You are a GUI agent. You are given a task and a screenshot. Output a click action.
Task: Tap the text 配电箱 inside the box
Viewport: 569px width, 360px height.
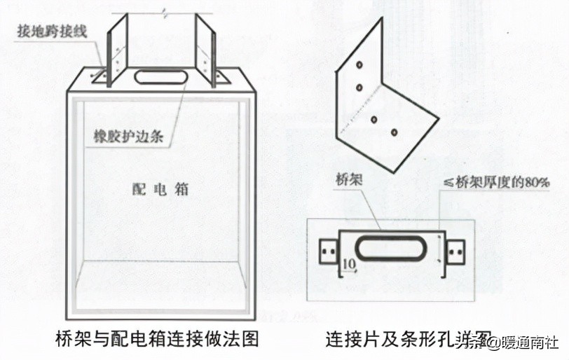[160, 189]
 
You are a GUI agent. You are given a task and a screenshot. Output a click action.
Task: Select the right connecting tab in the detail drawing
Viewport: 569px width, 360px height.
[455, 250]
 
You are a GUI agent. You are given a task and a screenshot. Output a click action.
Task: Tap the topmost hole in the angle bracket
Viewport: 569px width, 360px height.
[358, 64]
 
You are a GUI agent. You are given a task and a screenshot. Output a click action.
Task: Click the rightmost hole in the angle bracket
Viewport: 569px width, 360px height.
[395, 131]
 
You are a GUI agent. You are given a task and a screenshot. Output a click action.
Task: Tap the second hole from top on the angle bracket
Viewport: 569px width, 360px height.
[358, 88]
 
